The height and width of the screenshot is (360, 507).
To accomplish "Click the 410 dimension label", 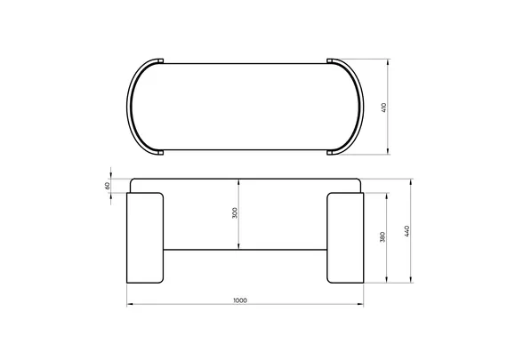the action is (x=383, y=108).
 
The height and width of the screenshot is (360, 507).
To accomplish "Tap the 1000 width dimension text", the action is (x=240, y=300).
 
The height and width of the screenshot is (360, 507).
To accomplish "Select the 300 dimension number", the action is (x=235, y=213).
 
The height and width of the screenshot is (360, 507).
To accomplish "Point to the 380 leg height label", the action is (x=382, y=236).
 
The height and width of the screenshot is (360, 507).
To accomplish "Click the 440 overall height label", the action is (x=406, y=231).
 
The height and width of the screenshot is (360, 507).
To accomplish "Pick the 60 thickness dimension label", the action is (x=108, y=186).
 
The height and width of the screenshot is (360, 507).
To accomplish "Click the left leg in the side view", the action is (x=145, y=238).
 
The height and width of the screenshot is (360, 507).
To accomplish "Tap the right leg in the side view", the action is (x=345, y=238).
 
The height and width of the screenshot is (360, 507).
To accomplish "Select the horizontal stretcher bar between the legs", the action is (x=245, y=250).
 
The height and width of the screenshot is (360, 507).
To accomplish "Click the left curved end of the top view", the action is (x=129, y=107).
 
